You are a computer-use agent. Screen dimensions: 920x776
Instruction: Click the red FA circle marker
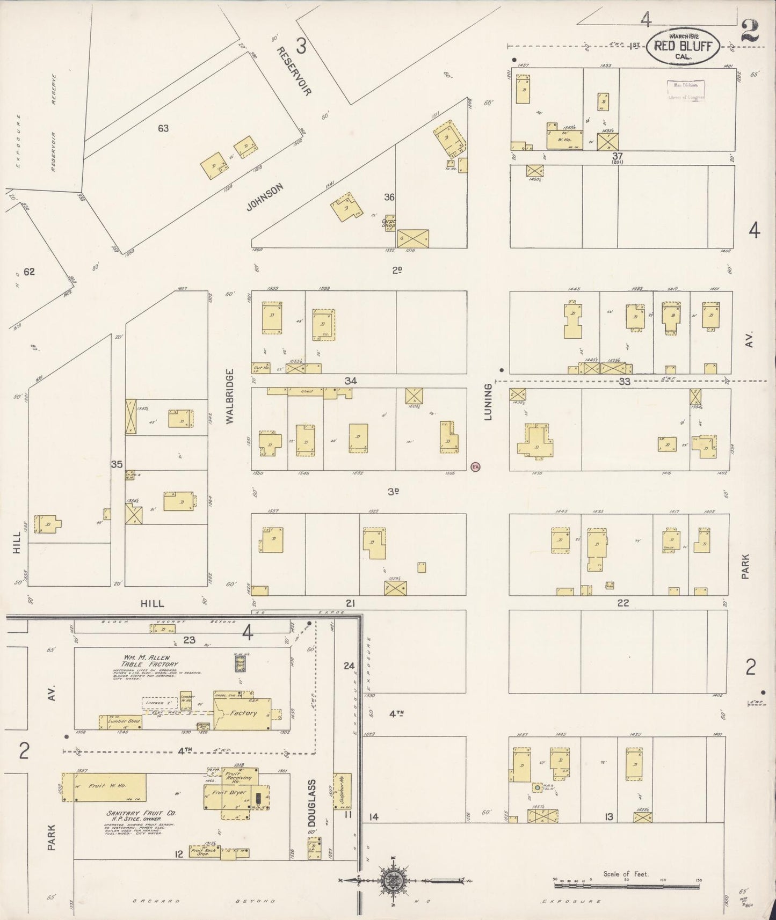coord(475,466)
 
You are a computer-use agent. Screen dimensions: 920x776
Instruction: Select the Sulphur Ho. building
coord(342,791)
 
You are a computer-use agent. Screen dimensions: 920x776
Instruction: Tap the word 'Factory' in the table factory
coord(243,713)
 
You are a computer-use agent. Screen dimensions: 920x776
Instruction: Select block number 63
coord(163,128)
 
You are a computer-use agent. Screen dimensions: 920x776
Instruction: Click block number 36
coord(389,197)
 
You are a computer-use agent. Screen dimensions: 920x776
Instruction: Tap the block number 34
coord(351,381)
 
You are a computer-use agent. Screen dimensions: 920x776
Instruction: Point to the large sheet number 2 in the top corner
coord(749,32)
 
